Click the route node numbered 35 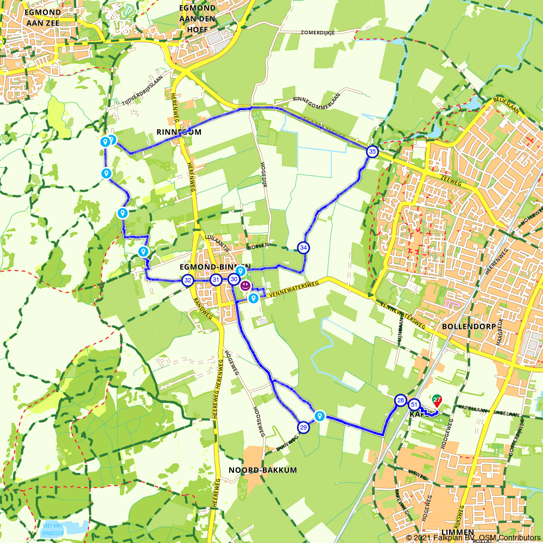371,151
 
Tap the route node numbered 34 304,248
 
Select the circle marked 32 188,280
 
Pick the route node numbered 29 304,427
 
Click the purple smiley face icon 245,285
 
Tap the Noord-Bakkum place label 263,470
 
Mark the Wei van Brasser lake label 53,529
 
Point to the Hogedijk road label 264,172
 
